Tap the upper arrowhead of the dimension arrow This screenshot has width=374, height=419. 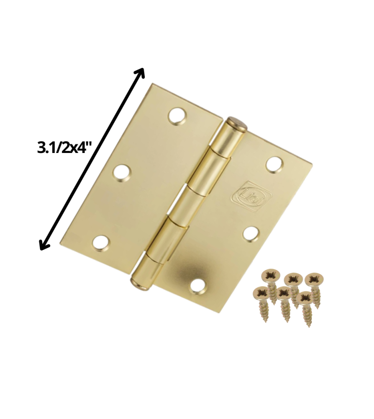coord(140,72)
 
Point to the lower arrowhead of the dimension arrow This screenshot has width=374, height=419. coord(44,244)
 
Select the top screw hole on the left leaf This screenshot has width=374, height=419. coord(178,116)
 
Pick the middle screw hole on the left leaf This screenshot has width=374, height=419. coord(122,174)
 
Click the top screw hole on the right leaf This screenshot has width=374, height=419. coord(274,163)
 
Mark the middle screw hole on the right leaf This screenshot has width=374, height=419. coord(251,233)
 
